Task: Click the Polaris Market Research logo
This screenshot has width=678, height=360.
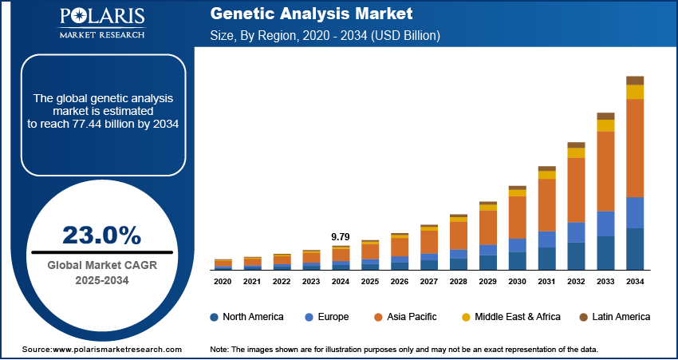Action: pyautogui.click(x=101, y=25)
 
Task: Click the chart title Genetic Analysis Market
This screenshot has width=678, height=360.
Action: pyautogui.click(x=312, y=14)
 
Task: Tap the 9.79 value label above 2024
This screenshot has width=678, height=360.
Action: pyautogui.click(x=341, y=237)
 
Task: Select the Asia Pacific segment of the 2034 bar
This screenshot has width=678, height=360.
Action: pyautogui.click(x=635, y=148)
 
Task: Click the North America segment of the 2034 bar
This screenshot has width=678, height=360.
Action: pyautogui.click(x=635, y=249)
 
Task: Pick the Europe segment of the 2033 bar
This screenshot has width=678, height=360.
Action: pyautogui.click(x=605, y=224)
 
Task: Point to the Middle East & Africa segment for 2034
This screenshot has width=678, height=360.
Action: pyautogui.click(x=635, y=92)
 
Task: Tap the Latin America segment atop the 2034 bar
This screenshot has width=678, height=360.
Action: pyautogui.click(x=635, y=80)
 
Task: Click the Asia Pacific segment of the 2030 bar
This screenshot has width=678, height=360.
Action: pyautogui.click(x=518, y=217)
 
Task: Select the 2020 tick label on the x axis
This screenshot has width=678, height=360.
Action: pyautogui.click(x=223, y=282)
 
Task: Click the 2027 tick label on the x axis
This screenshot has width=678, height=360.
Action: pyautogui.click(x=429, y=282)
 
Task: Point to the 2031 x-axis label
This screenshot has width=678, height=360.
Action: pyautogui.click(x=547, y=282)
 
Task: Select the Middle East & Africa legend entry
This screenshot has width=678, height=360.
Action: pyautogui.click(x=510, y=317)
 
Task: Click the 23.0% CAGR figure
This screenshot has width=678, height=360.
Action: pyautogui.click(x=102, y=235)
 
